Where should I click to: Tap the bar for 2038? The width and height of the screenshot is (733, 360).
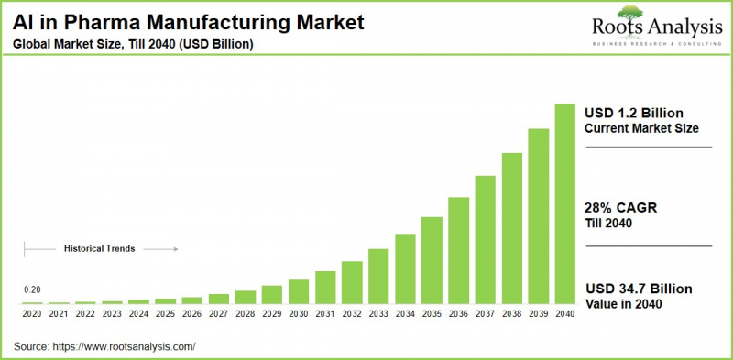click(511, 228)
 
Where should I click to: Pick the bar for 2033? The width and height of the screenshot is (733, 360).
click(378, 276)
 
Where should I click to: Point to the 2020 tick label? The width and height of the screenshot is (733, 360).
click(32, 313)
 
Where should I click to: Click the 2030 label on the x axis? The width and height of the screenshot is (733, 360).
click(299, 313)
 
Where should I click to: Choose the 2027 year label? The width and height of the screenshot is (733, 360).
click(219, 313)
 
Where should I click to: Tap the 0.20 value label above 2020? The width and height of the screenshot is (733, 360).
click(32, 289)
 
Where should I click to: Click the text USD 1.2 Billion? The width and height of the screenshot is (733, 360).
click(635, 111)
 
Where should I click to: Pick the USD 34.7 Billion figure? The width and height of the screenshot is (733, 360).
click(639, 289)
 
